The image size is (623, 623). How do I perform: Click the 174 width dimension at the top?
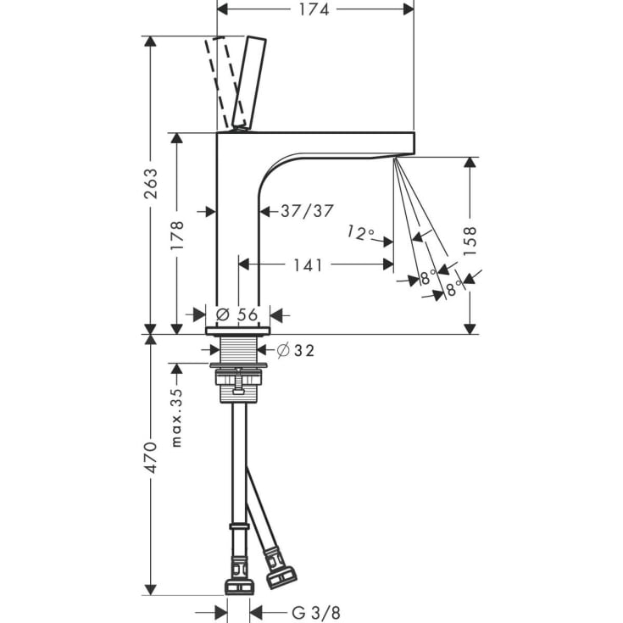tap(314, 9)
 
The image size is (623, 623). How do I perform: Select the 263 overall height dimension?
tap(151, 184)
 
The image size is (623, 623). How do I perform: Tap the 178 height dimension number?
tap(177, 236)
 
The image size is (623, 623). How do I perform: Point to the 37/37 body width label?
tap(307, 211)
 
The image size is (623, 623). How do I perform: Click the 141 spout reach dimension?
tap(308, 265)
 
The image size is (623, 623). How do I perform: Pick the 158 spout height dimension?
tap(470, 242)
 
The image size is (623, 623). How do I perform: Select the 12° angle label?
tap(361, 233)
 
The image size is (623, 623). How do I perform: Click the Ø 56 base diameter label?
tap(237, 314)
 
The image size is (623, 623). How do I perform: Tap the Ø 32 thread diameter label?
tap(296, 350)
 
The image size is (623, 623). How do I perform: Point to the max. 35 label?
tap(176, 417)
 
